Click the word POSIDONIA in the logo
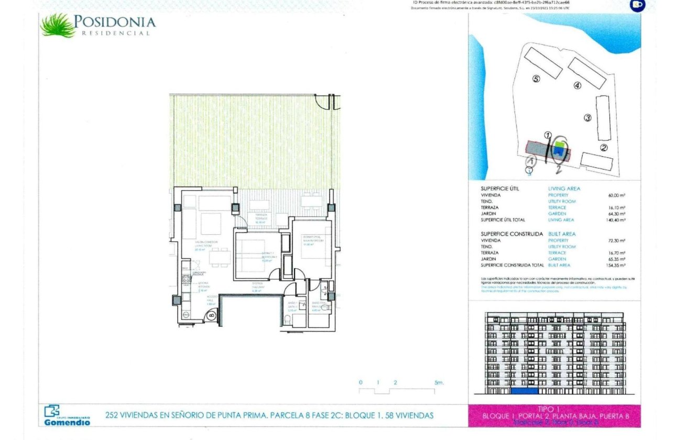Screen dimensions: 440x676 [115, 22]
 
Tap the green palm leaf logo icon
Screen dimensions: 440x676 [58, 25]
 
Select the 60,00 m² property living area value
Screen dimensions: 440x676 [617, 195]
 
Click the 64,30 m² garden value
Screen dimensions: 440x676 [617, 214]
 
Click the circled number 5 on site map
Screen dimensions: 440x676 [536, 79]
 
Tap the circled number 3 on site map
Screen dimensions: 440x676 [587, 118]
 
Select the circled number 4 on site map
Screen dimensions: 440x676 [577, 85]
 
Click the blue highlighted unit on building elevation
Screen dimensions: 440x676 [525, 391]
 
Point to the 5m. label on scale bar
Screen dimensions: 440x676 [439, 383]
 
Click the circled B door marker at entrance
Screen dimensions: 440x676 [211, 315]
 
